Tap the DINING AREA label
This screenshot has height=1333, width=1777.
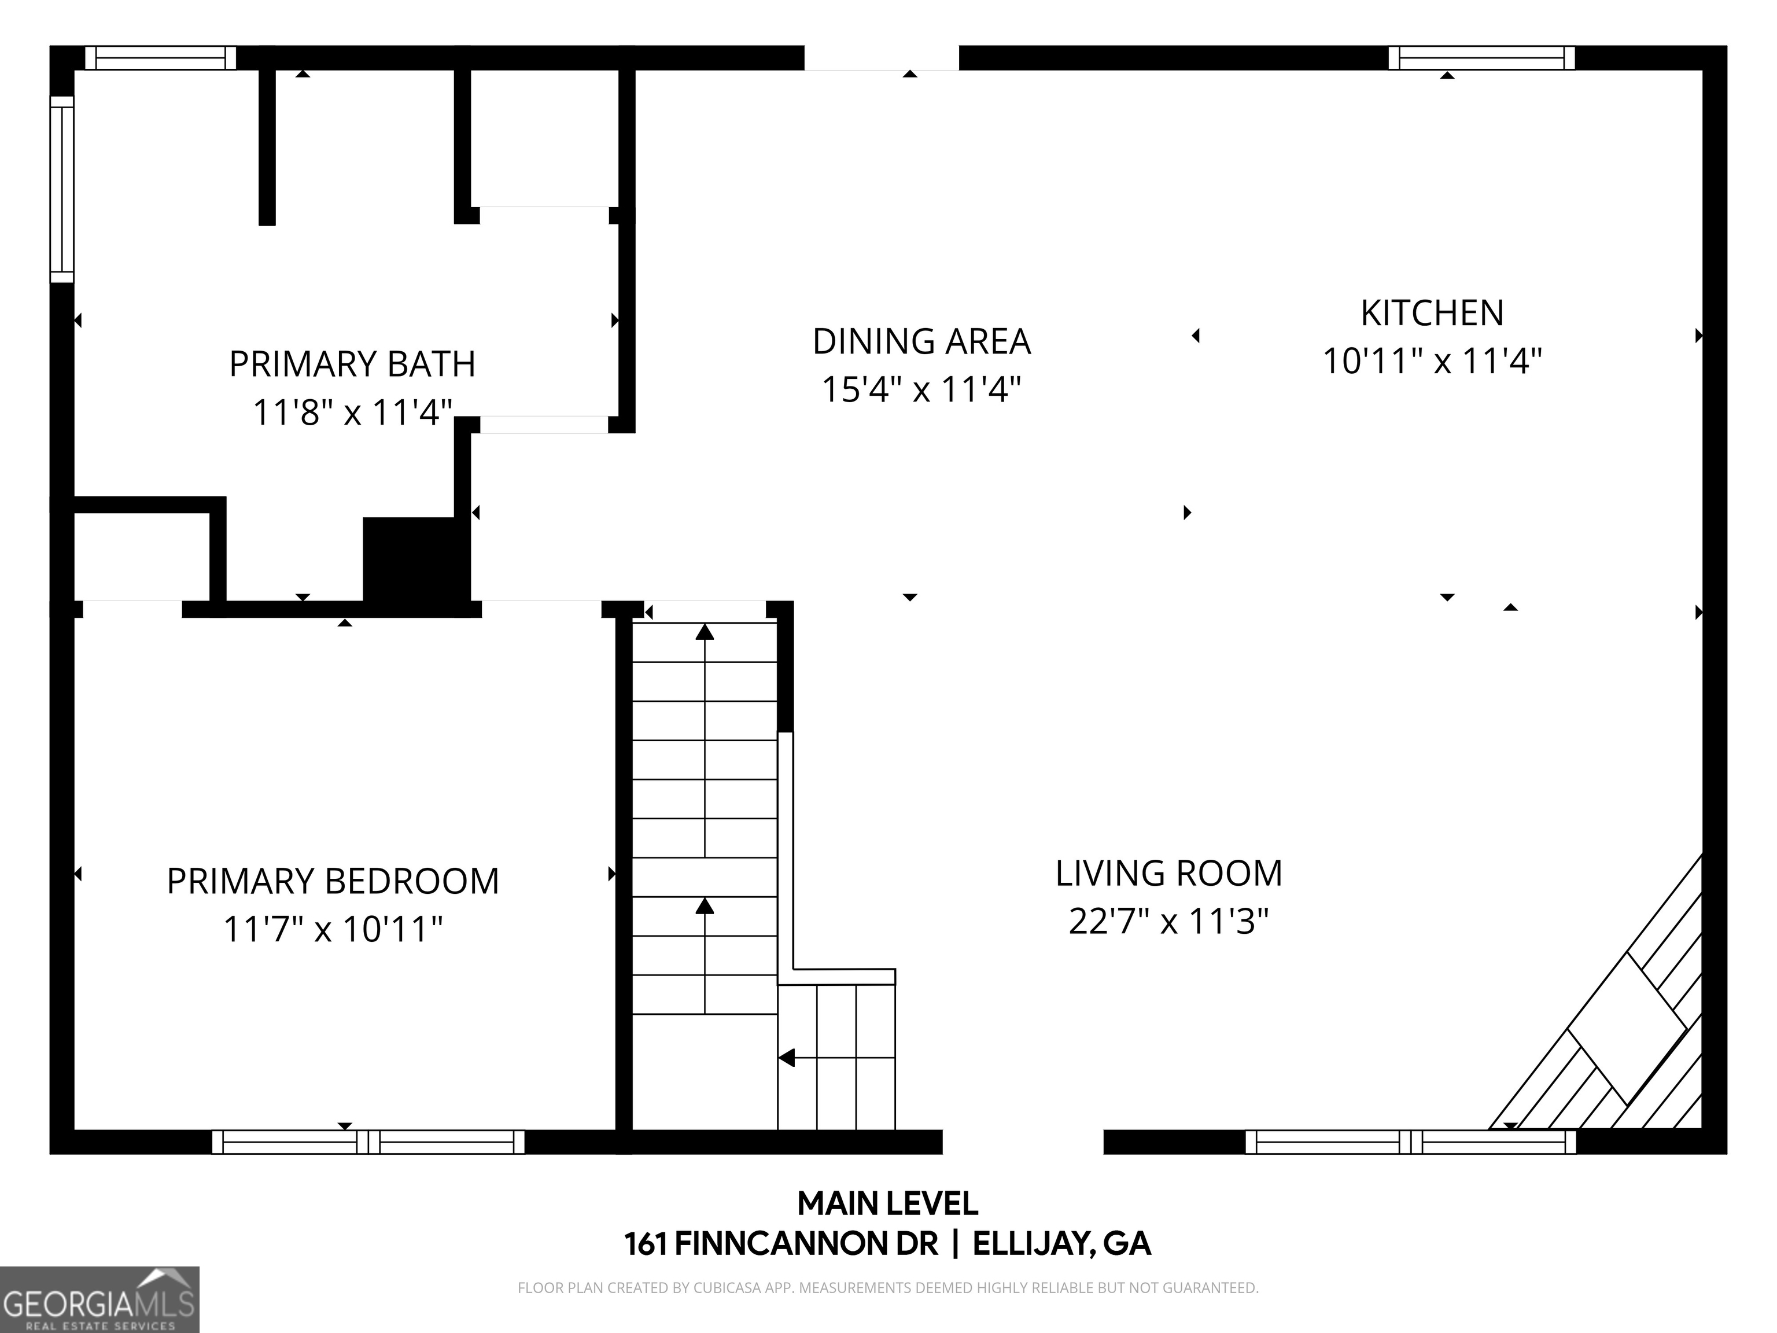tap(921, 341)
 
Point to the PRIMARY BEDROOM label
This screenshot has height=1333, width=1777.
tap(333, 882)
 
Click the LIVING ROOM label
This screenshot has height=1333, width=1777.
tap(1169, 874)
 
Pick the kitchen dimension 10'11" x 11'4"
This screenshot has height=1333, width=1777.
tap(1432, 362)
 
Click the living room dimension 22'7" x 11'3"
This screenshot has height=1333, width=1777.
tap(1169, 922)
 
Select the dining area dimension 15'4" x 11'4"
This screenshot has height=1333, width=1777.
tap(921, 390)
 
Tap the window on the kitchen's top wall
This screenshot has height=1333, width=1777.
tap(1481, 58)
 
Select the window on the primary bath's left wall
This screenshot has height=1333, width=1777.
tap(62, 190)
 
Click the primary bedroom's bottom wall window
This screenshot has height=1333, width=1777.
tap(368, 1141)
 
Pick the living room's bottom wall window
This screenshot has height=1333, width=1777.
tap(1411, 1141)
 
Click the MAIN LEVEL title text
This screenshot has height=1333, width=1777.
tap(888, 1203)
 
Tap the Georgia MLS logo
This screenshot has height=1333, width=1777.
tap(99, 1299)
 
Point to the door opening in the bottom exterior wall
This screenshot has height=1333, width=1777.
tap(1023, 1141)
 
